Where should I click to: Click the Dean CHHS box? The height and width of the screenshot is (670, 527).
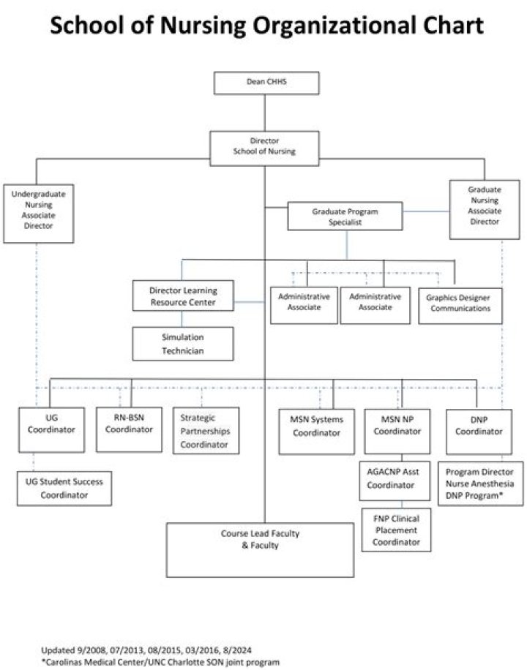pos(266,83)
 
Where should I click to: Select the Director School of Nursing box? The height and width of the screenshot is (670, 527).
pos(264,148)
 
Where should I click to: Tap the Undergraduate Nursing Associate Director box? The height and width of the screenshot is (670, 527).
pos(39,214)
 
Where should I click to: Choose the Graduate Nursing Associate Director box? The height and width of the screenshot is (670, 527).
pos(485,209)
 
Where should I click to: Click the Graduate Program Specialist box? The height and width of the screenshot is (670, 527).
pos(345,217)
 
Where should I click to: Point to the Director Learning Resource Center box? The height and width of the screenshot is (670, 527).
pos(183,296)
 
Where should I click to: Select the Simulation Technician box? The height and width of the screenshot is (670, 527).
pos(183,344)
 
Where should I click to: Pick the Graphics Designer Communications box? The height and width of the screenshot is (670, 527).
pos(460,306)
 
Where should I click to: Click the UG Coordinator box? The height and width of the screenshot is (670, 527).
pos(51,429)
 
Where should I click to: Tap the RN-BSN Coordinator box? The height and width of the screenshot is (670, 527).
pos(129,429)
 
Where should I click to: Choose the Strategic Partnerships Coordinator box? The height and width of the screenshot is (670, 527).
pos(206,430)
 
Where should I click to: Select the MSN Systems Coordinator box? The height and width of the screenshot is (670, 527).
pos(316,432)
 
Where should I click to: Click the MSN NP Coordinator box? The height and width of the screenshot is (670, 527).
pos(397,432)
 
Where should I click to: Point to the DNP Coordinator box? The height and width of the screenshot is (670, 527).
pos(479,432)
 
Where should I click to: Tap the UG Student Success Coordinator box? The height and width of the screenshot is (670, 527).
pos(64,489)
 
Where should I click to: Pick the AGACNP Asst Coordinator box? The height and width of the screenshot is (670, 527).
pos(395,481)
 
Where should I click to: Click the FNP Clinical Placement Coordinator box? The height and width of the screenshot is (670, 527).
pos(396,530)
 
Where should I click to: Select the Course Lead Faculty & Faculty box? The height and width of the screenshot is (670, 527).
pos(260,550)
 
